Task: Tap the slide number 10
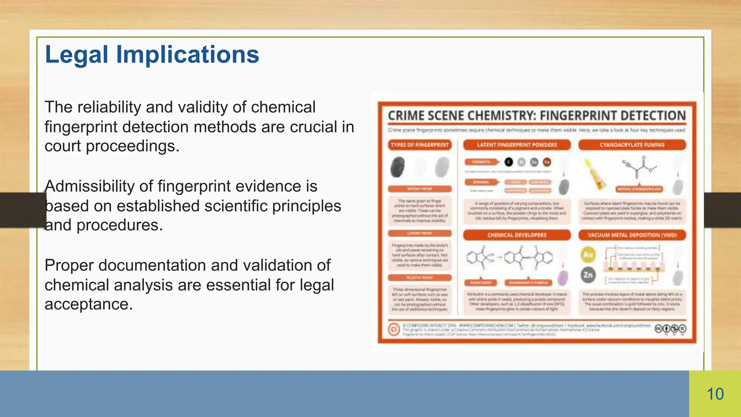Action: (x=715, y=394)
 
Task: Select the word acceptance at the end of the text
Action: (x=89, y=304)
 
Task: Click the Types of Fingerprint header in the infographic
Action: (x=420, y=145)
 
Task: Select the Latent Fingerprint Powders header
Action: (x=517, y=145)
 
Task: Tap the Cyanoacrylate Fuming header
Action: (x=632, y=145)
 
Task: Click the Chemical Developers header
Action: (x=517, y=235)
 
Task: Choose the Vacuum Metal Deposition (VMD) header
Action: (x=632, y=235)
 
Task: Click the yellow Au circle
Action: (x=588, y=254)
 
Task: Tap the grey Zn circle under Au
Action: (x=588, y=275)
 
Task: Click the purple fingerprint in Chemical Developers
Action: (x=563, y=279)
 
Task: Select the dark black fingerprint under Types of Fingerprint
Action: (x=398, y=167)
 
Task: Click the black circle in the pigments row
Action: (x=509, y=162)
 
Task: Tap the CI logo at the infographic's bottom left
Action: (x=394, y=329)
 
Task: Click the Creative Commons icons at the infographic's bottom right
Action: (x=670, y=329)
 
